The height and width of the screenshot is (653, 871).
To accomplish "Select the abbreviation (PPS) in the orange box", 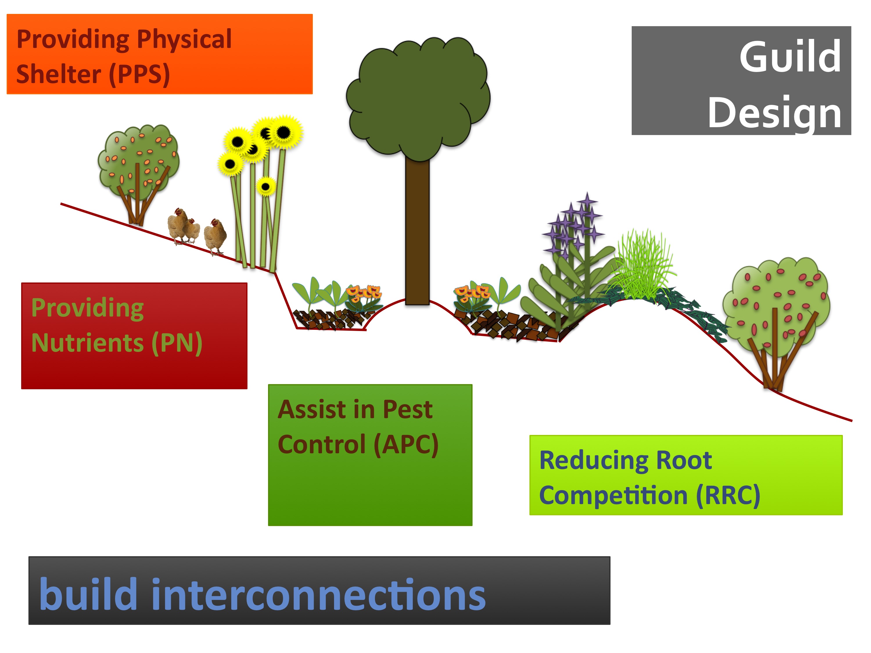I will [x=139, y=74].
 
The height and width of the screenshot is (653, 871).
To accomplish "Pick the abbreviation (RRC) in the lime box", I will [x=728, y=495].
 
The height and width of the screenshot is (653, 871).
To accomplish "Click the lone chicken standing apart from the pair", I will [x=215, y=236].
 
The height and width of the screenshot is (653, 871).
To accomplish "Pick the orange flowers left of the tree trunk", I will [x=363, y=293].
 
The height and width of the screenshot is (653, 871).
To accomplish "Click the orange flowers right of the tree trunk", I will [x=471, y=293].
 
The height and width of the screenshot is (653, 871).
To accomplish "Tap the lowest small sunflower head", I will [x=266, y=187].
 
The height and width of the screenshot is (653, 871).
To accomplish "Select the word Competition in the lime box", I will [x=613, y=495].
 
